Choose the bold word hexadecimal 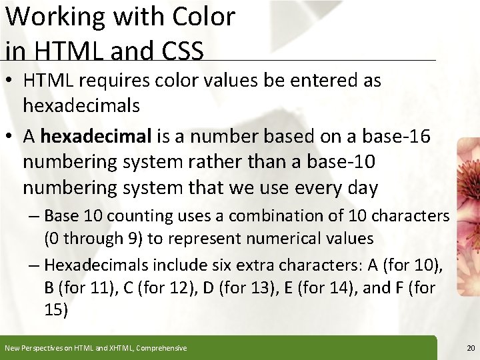pos(96,137)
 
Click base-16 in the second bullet pos(396,137)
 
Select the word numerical pos(283,238)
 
